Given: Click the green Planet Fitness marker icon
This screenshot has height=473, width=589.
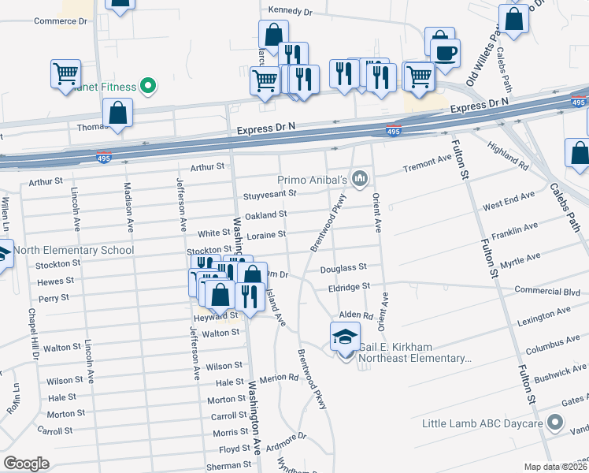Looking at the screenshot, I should (x=147, y=86).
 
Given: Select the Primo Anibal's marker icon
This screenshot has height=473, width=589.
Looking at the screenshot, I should (x=360, y=180).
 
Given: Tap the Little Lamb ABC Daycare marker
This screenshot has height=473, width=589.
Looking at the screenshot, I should (x=556, y=423).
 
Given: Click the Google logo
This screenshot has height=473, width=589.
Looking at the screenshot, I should (x=26, y=464).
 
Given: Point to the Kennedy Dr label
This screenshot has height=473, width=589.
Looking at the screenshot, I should (x=291, y=10).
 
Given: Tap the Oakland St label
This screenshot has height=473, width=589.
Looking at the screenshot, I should (x=265, y=214).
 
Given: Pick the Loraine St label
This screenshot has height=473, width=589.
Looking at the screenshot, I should (x=265, y=234).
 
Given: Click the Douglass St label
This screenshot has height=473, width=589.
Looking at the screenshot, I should (x=343, y=269).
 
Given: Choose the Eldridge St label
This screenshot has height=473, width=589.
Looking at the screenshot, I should (x=349, y=289).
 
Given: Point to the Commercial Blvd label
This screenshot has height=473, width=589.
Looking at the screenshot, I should (x=543, y=290).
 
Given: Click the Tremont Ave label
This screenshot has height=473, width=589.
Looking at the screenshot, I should (x=427, y=163).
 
